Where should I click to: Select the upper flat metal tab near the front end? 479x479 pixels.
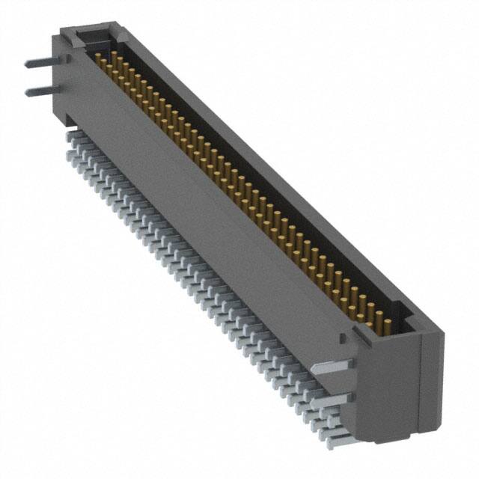click(330, 367)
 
